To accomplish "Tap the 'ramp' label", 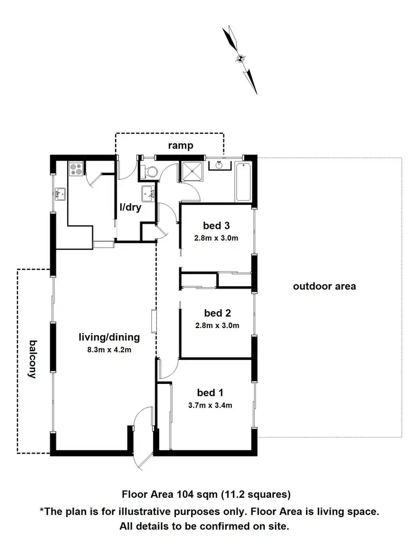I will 181,146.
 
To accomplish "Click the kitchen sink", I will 60,194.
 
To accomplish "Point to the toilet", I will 148,171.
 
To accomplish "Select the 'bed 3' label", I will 217,226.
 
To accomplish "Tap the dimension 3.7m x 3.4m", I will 210,405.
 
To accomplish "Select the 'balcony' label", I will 32,359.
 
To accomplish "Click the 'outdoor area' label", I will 325,287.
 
